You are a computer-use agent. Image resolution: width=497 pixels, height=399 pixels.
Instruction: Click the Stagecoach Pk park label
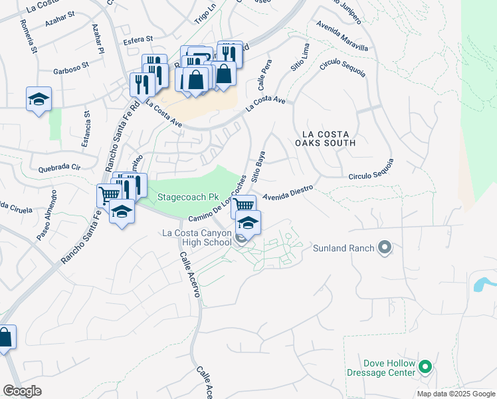188,198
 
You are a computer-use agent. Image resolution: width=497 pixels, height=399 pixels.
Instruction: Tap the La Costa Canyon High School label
197,238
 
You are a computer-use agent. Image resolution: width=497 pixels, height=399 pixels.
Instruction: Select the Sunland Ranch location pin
384,248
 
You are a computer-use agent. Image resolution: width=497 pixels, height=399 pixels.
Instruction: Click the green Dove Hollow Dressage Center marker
427,366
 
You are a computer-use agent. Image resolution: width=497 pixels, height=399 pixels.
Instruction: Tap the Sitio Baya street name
258,168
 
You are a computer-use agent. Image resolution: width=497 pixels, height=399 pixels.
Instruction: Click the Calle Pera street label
262,81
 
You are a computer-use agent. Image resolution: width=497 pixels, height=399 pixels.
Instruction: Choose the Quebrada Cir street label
59,168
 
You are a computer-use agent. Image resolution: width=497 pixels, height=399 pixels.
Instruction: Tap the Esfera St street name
136,39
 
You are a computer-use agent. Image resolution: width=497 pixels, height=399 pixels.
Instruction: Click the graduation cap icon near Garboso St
39,99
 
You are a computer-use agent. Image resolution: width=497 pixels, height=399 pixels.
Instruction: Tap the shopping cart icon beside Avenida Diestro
244,205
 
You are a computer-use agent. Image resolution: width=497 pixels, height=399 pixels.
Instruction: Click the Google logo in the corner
22,391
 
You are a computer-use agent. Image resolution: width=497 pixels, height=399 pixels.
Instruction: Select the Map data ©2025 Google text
455,394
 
